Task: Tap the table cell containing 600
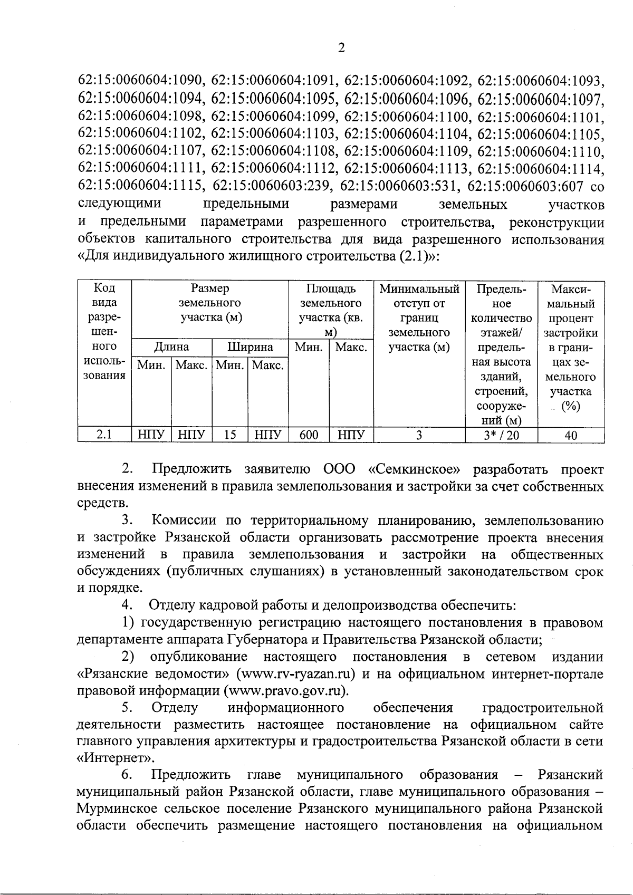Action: tap(309, 435)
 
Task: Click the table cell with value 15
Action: tap(229, 435)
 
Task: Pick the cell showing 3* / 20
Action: tap(501, 435)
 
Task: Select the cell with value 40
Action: tap(570, 435)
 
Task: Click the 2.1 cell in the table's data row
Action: tap(104, 435)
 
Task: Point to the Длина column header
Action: tap(171, 347)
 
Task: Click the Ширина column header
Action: tap(250, 347)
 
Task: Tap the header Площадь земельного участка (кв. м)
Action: tap(331, 311)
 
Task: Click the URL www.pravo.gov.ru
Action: tap(286, 691)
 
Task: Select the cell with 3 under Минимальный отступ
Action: tap(419, 435)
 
